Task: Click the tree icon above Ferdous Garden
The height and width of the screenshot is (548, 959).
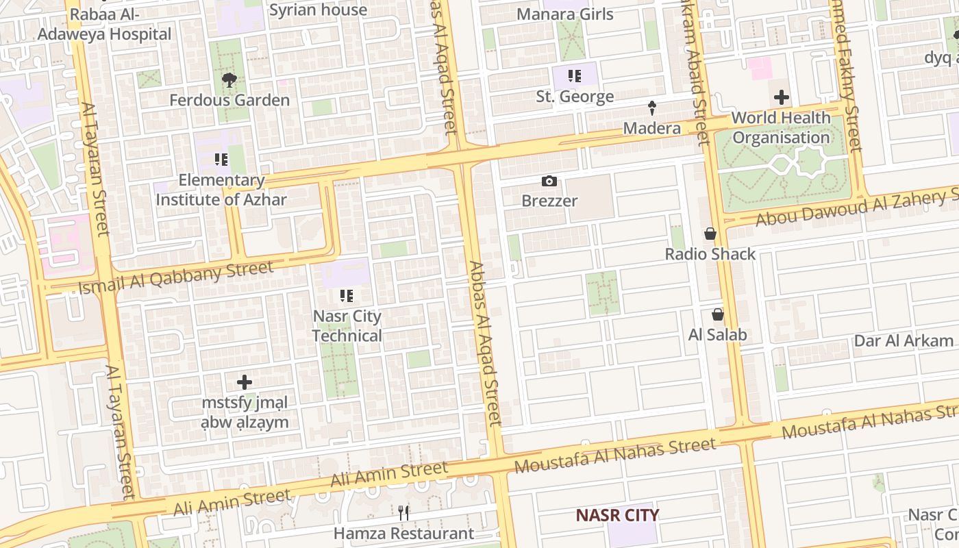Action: coord(229,81)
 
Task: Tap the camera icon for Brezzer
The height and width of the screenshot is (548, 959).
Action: coord(549,182)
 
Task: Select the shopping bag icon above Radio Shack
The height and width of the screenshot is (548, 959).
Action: coord(710,234)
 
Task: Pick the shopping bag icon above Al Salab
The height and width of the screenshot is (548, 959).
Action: coord(717,314)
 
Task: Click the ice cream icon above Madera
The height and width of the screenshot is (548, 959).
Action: coord(652,108)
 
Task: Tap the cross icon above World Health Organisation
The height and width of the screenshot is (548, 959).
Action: coord(781,97)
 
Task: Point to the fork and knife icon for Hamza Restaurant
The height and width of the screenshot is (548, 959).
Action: coord(403,512)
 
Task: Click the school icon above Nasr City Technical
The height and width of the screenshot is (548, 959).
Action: coord(347,296)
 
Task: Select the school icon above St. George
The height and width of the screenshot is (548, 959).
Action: coord(575,76)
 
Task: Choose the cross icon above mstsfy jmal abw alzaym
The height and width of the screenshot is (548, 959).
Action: coord(245,382)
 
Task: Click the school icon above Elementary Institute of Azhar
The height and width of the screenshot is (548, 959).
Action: coord(221,160)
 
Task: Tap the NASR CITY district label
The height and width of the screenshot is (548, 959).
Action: coord(616,515)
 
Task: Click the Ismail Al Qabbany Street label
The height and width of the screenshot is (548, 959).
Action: coord(176,277)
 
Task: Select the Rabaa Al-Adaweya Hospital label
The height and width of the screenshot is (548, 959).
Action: coord(104,25)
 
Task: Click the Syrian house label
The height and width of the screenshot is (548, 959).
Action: coord(318,10)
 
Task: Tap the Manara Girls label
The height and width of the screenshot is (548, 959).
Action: coord(564,14)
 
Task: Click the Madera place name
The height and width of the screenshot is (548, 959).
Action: coord(651,128)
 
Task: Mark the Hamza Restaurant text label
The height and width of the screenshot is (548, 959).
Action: coord(403,533)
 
